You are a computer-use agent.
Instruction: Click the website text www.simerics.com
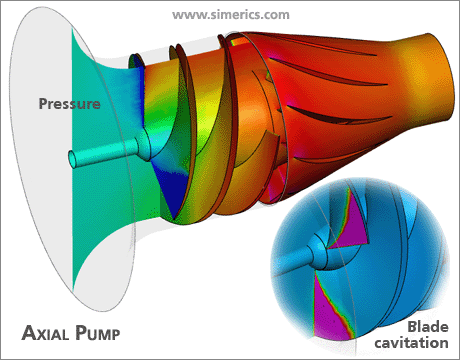231,15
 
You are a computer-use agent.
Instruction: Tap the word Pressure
69,104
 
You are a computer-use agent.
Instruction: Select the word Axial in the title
45,333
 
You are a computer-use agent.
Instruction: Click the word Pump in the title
97,333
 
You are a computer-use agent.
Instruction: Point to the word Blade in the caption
428,327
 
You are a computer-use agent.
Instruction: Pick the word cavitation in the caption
411,343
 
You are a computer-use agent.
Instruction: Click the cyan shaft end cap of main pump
73,159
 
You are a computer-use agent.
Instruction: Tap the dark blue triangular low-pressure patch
171,187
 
